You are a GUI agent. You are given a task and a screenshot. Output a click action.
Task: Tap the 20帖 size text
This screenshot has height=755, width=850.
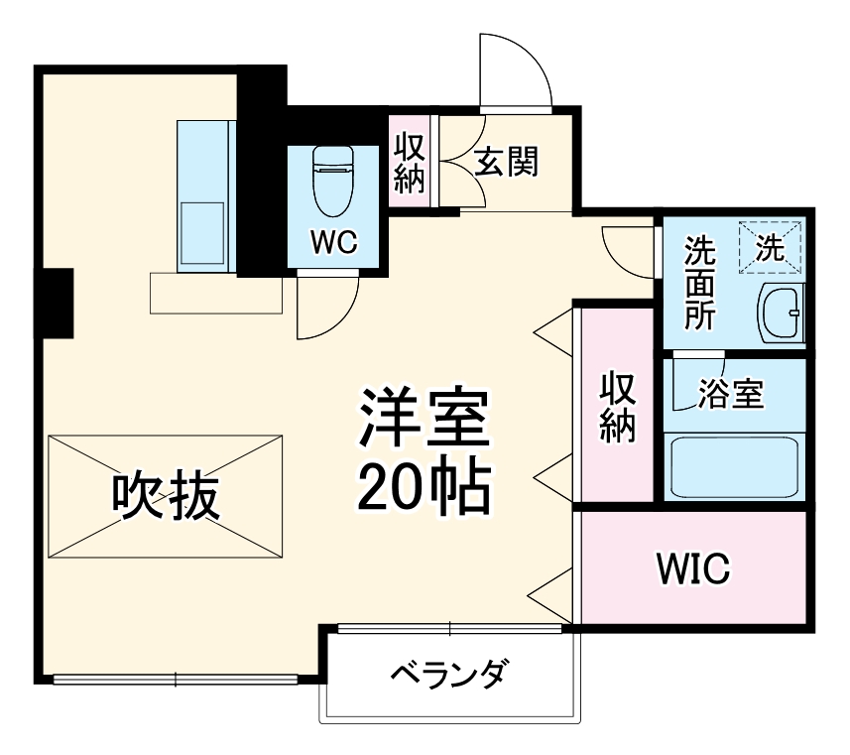tap(425, 485)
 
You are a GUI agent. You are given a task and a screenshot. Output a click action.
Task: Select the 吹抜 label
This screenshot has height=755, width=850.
tap(165, 496)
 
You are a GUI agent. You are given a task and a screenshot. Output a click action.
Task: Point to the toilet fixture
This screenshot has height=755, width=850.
tap(331, 182)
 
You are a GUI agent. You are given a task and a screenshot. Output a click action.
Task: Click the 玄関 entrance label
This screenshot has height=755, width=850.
tap(505, 162)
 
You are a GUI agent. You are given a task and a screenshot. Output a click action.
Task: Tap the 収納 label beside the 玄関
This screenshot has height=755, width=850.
tap(410, 162)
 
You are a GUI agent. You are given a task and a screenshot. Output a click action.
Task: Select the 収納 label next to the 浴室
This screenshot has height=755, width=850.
tap(617, 407)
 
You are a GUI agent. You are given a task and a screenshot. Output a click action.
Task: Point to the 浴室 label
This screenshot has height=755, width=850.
tap(731, 394)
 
